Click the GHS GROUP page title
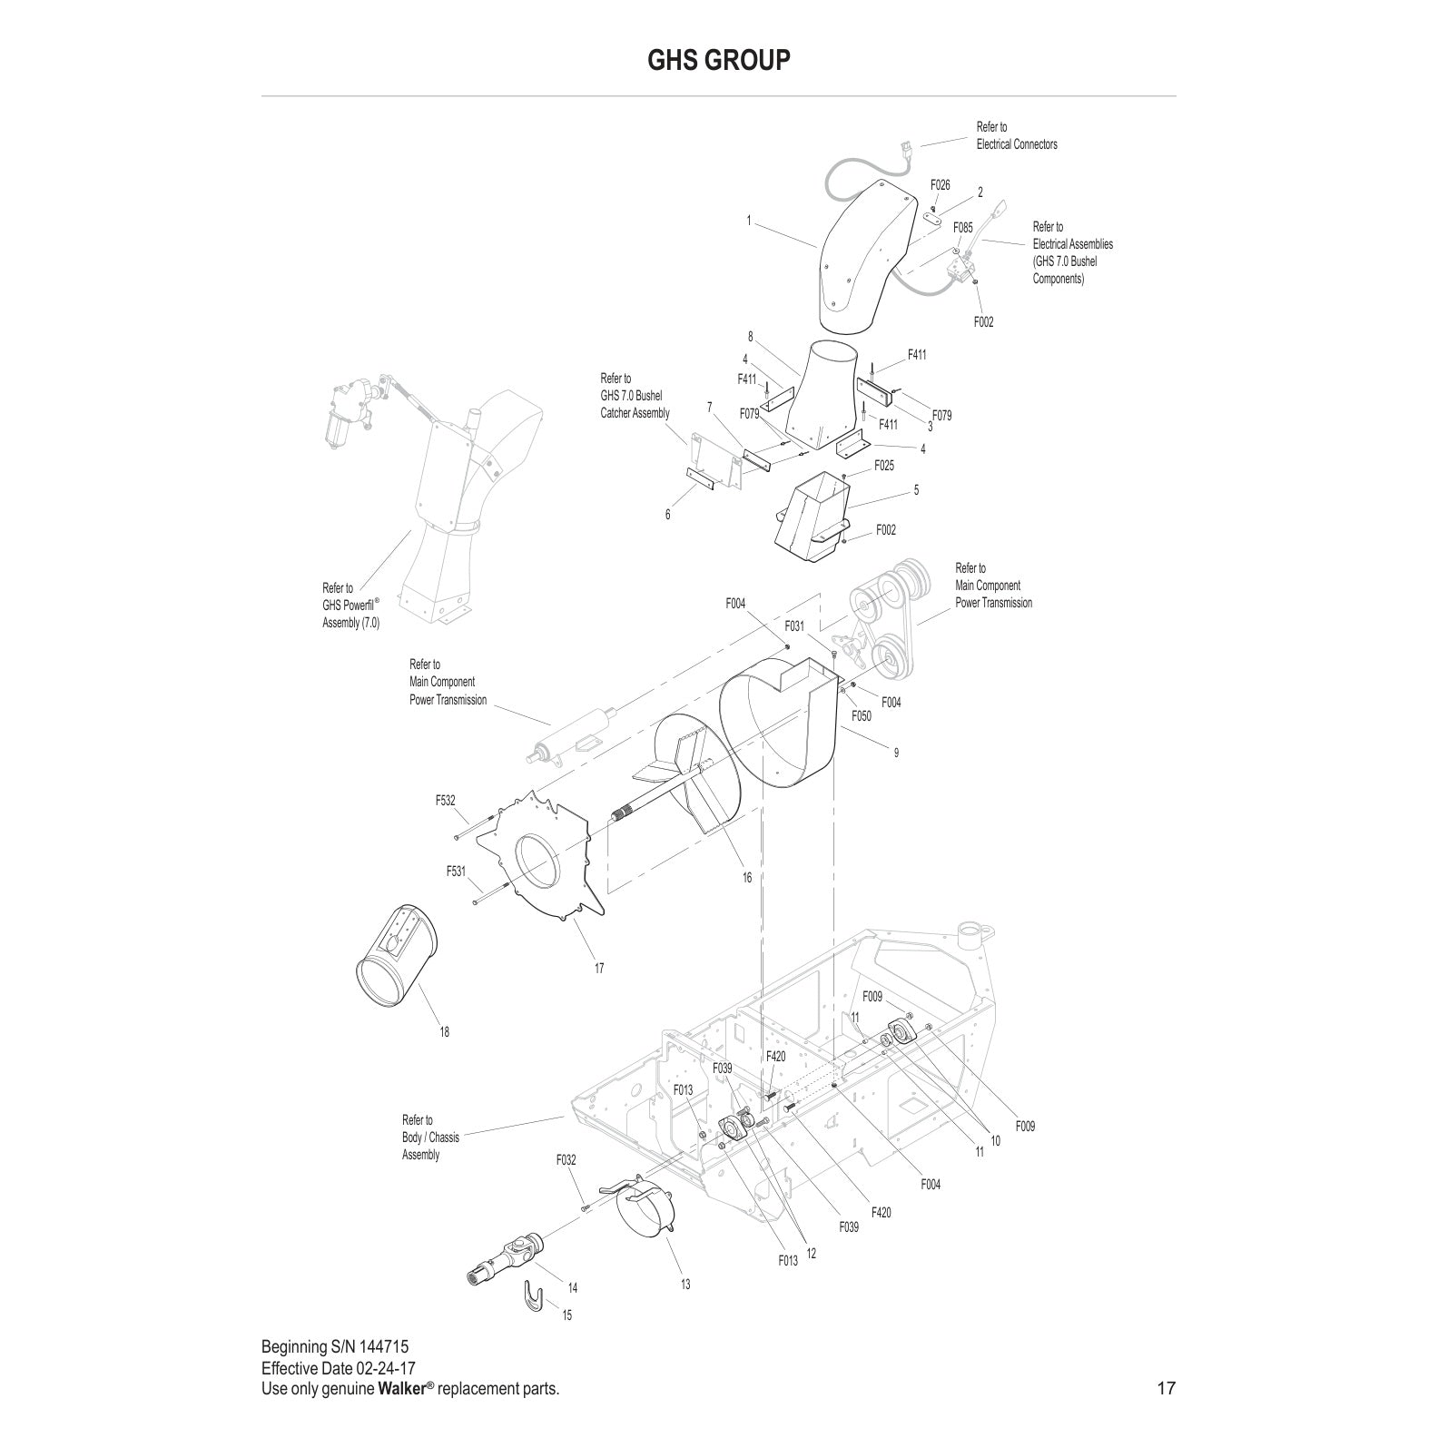tap(718, 60)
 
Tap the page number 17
tap(1166, 1388)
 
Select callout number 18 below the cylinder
tap(444, 1032)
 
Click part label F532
tap(445, 801)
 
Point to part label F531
tap(456, 872)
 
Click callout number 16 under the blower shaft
tap(747, 878)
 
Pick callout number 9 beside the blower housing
tap(896, 753)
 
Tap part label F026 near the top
tap(941, 185)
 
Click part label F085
tap(962, 228)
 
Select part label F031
tap(794, 625)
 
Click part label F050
tap(861, 716)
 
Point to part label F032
tap(566, 1160)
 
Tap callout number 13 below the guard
tap(685, 1284)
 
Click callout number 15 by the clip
tap(567, 1315)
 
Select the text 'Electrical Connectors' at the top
tap(1017, 144)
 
